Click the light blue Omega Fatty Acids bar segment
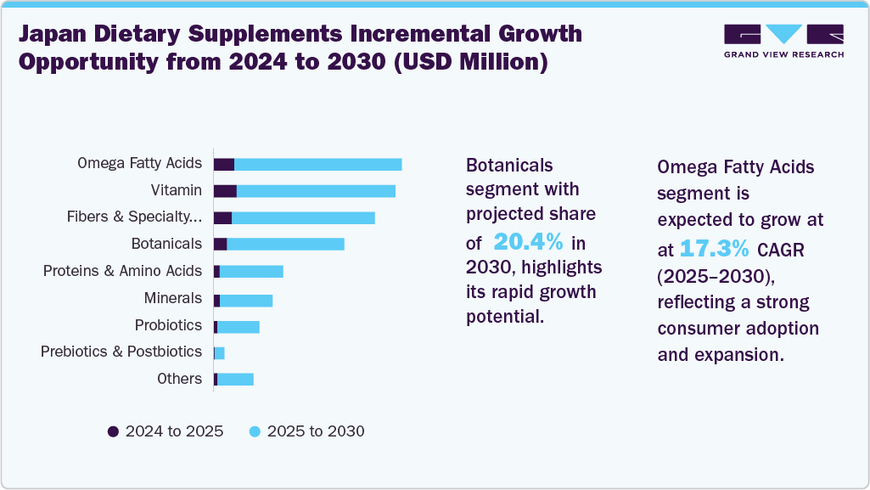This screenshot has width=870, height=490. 317,165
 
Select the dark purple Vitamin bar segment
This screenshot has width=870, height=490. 225,191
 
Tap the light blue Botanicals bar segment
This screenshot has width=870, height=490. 285,245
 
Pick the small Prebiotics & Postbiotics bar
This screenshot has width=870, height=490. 220,352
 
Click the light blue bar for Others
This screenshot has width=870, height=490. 235,380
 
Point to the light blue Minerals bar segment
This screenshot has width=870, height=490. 246,300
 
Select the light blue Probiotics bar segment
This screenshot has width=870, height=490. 239,327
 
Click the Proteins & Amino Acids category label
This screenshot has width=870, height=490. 123,271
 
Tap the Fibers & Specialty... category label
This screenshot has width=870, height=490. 134,217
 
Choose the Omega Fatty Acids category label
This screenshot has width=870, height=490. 139,163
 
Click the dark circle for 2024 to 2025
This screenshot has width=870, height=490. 113,431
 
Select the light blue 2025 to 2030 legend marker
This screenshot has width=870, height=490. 255,431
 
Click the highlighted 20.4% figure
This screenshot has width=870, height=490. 528,242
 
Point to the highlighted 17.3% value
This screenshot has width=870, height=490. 713,249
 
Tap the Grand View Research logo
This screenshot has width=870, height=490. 783,41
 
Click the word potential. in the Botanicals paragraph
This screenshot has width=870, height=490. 504,318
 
